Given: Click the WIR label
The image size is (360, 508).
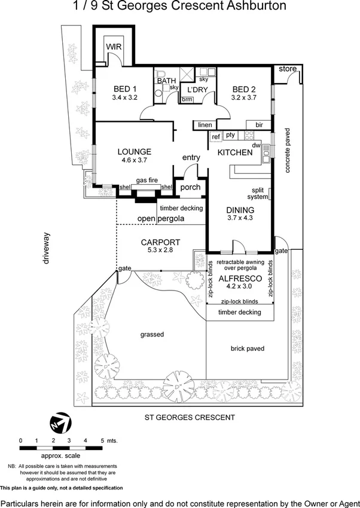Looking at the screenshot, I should (114, 47).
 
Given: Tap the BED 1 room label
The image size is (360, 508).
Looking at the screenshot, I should (125, 89).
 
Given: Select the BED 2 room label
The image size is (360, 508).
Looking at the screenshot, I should (244, 89).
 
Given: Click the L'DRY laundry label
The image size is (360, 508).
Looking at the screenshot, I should (197, 90).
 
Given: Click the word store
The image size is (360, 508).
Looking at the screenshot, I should (288, 69).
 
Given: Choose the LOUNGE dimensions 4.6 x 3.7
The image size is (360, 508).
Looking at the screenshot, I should (134, 160).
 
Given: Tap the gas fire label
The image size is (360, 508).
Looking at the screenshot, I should (147, 180).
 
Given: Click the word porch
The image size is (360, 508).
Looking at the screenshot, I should (190, 187).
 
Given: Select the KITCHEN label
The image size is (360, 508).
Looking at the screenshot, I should (234, 153).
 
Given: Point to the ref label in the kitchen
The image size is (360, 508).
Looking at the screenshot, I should (215, 136).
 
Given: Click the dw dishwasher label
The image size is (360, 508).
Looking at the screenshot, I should (256, 145).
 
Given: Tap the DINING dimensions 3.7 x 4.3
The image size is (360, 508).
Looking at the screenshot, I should (240, 219).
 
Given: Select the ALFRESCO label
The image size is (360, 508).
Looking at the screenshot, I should (238, 279).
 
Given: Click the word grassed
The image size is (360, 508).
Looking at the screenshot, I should (152, 335).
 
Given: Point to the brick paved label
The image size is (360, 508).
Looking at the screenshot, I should (247, 348).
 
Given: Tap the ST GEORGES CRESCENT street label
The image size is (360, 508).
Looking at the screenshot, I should (190, 418).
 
